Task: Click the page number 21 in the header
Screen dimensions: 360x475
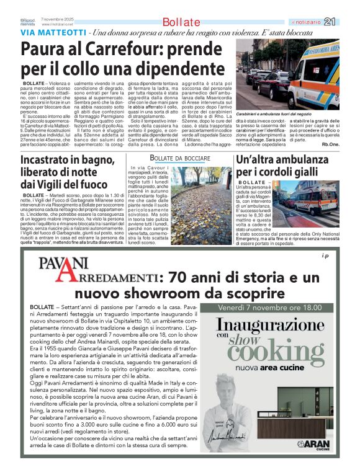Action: pos(347,22)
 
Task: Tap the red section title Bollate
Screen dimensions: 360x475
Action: pos(181,22)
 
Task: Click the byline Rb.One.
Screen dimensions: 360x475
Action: pos(347,144)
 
